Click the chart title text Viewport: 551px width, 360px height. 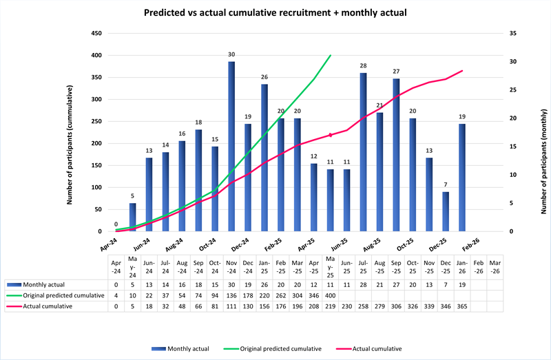(275, 12)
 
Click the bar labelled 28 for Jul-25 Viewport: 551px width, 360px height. (363, 151)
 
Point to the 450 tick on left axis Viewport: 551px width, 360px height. (96, 34)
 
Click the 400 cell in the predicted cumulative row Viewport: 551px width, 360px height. (330, 295)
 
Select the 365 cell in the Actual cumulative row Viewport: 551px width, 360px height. (462, 306)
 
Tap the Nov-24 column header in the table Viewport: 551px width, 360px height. (231, 266)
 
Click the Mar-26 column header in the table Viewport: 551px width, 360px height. (495, 266)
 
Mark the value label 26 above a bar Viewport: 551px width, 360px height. (264, 77)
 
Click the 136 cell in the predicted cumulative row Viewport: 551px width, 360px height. (231, 295)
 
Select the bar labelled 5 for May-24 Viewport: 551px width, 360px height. (132, 217)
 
